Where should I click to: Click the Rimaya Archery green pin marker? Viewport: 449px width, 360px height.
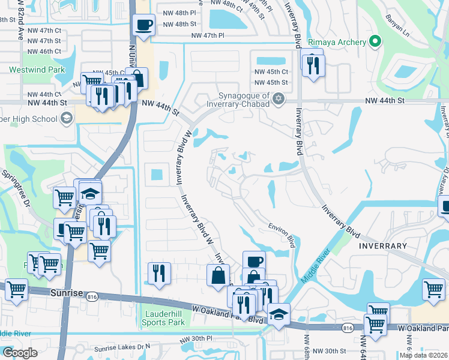[375, 41]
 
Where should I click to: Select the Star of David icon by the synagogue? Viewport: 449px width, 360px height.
[278, 98]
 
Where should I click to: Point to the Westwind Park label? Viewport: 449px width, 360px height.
[37, 70]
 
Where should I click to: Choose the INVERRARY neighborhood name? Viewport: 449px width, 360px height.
[382, 246]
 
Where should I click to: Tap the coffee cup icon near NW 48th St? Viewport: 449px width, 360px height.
[143, 25]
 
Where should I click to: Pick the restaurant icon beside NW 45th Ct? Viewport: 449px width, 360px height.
[312, 65]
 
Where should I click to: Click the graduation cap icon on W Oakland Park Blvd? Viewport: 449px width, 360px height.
[279, 314]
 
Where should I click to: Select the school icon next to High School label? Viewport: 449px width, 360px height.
[66, 118]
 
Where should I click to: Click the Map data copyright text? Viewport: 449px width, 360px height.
[423, 355]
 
